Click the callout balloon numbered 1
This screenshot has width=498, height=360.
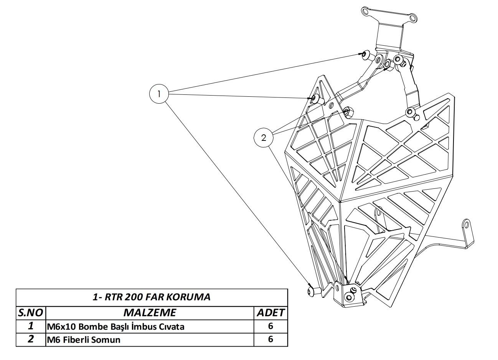pyautogui.click(x=158, y=93)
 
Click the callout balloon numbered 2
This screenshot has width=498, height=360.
pyautogui.click(x=264, y=137)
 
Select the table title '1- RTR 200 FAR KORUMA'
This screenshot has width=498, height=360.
pyautogui.click(x=152, y=297)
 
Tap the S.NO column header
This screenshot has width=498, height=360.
pyautogui.click(x=31, y=313)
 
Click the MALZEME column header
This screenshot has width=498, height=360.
pyautogui.click(x=150, y=313)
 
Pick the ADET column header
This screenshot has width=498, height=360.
pyautogui.click(x=270, y=313)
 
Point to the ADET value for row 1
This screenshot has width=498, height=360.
pyautogui.click(x=270, y=326)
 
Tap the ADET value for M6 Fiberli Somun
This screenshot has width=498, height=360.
pyautogui.click(x=270, y=339)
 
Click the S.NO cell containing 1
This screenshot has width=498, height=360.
pyautogui.click(x=31, y=326)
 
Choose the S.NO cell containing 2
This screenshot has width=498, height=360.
pyautogui.click(x=31, y=339)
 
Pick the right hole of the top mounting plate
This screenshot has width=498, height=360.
pyautogui.click(x=413, y=18)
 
